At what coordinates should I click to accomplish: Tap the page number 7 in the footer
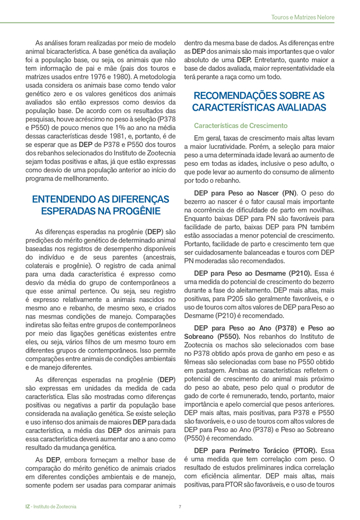pos(180,507)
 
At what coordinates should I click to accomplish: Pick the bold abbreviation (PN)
pos(287,193)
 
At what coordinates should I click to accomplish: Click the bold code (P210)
pos(298,272)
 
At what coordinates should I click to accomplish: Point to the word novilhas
pos(319,211)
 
